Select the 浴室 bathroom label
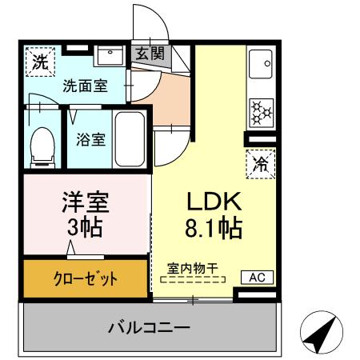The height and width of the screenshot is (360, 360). coord(90,139)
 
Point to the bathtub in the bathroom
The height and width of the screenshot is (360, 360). coord(130,138)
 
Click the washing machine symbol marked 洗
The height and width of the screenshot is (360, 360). coord(39,61)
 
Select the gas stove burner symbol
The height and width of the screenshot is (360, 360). coord(261,113)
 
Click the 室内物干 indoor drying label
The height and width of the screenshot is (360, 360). coord(193,269)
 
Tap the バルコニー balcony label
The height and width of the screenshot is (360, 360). coord(149,327)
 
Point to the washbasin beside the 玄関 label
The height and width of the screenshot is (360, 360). coord(110,56)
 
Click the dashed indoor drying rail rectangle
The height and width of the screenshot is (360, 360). coord(193,280)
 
